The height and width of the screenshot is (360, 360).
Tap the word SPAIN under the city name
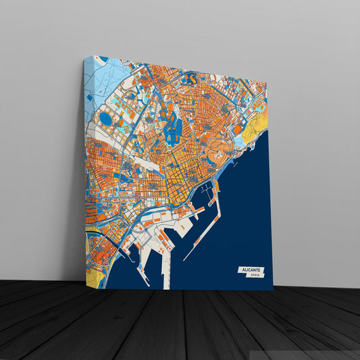pos(255,276)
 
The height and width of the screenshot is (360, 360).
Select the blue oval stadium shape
pos(106,119)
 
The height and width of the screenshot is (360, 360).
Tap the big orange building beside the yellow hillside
pos(237,128)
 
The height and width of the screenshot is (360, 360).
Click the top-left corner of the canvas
pos(86,56)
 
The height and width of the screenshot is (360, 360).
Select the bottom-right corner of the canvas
pos(273,290)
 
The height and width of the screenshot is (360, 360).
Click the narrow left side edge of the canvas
pos(86,169)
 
